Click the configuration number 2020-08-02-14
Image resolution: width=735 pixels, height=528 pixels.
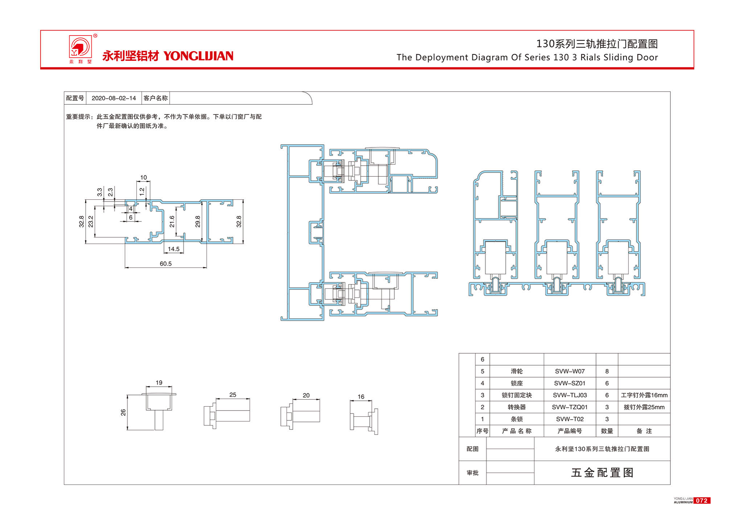click(113, 98)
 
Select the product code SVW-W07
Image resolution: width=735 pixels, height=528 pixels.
click(570, 371)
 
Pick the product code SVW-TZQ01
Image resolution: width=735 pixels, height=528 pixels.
click(570, 407)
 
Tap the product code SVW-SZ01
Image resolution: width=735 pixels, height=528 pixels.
click(570, 383)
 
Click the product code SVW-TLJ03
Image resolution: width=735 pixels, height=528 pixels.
click(570, 395)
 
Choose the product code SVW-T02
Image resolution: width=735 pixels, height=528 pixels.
click(570, 419)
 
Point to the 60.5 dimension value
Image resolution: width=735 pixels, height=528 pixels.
click(166, 263)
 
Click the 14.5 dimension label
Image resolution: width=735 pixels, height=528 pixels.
click(174, 249)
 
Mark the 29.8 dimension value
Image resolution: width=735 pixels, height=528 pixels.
click(198, 221)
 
